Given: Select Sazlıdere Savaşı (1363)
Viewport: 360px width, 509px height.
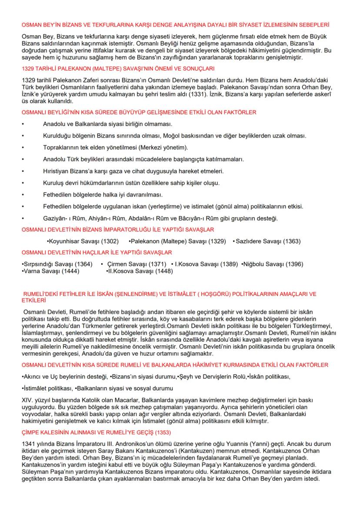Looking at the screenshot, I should tap(267, 241).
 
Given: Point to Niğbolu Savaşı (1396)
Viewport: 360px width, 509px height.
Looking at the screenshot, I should tap(273, 264).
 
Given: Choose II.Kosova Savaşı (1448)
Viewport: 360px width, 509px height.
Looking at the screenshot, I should tap(139, 271).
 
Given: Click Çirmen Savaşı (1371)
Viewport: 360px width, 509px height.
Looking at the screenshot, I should tap(137, 264).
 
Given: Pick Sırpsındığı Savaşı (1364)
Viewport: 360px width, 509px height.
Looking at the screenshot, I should tap(57, 264).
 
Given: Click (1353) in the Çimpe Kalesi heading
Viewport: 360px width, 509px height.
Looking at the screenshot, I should tap(158, 432).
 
